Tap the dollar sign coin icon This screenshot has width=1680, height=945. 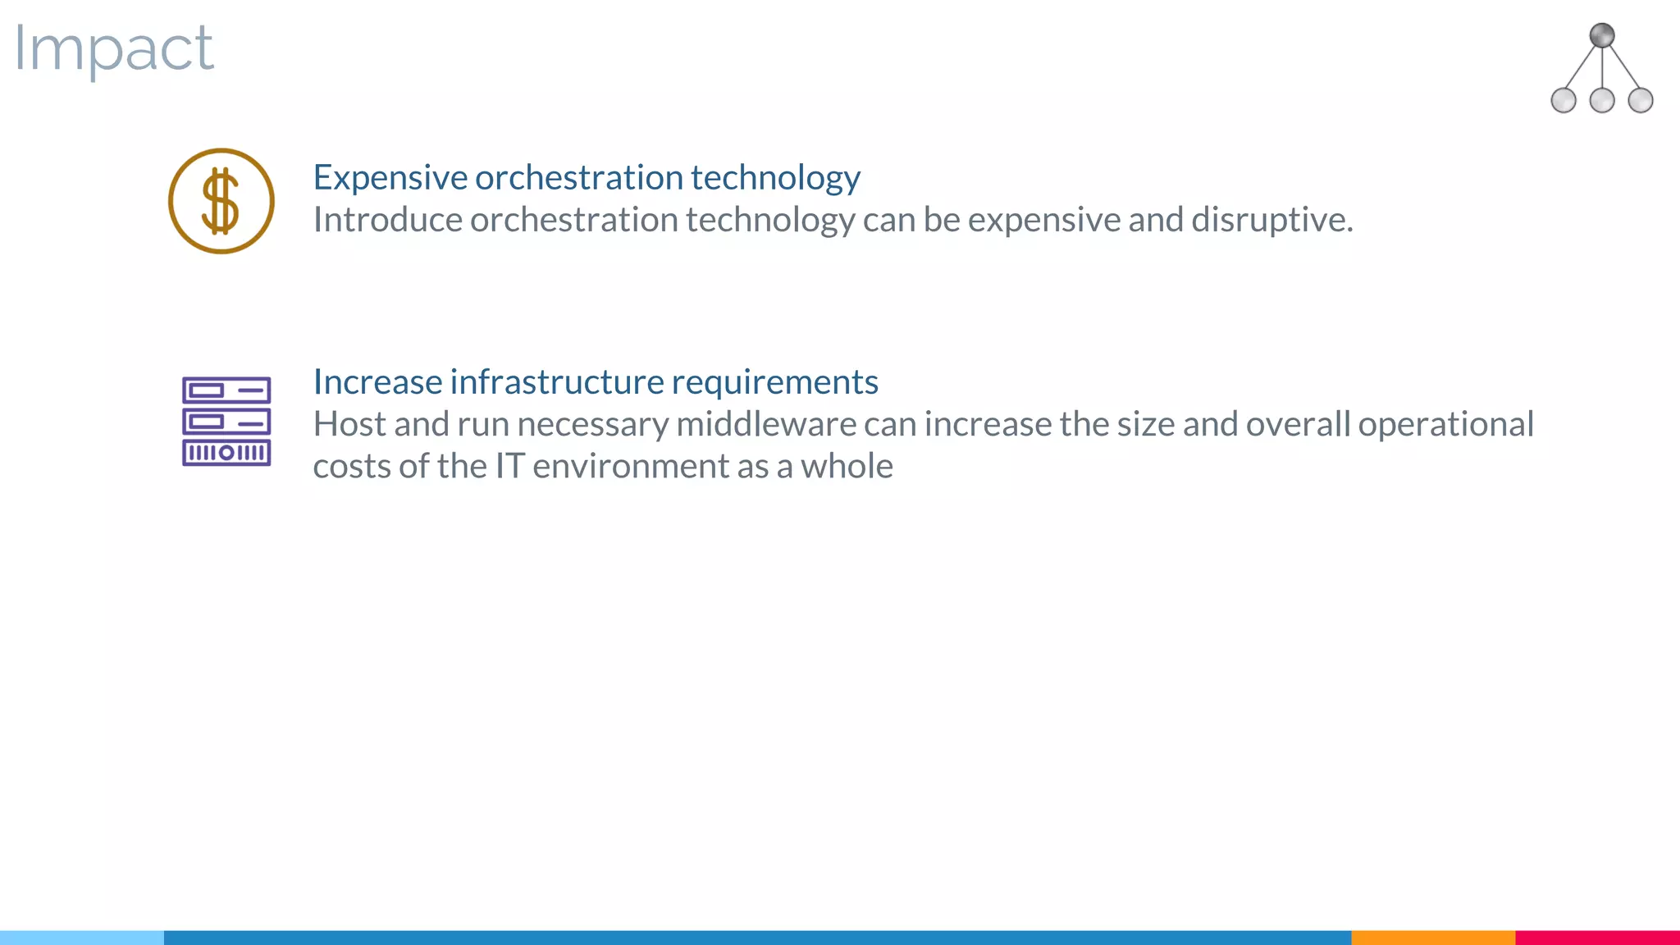(221, 201)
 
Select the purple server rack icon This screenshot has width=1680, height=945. (226, 422)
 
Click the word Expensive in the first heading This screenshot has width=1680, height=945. (390, 178)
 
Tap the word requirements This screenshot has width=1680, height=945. (774, 382)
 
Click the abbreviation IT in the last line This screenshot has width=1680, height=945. (509, 466)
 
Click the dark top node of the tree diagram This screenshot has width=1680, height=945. (1601, 35)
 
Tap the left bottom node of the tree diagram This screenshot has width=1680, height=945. (1564, 100)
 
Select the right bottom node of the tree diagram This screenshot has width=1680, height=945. (1640, 100)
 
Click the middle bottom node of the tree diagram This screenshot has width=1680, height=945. (1601, 100)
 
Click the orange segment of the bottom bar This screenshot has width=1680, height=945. (1432, 937)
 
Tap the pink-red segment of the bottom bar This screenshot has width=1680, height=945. (1597, 937)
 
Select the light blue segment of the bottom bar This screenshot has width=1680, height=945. (82, 937)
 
